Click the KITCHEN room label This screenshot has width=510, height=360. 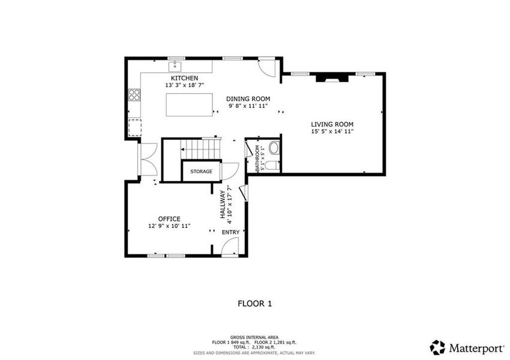[x=184, y=78]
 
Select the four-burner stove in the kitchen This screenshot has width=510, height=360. [x=134, y=94]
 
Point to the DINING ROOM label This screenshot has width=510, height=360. [x=248, y=98]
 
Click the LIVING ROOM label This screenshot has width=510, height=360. [x=332, y=124]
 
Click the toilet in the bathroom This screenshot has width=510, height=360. [x=271, y=165]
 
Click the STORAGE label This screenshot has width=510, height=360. [x=201, y=172]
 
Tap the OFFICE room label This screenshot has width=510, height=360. [x=169, y=218]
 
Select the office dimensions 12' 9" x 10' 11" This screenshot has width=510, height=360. [x=169, y=226]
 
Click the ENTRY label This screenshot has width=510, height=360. [x=230, y=232]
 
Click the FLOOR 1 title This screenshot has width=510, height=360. [x=255, y=304]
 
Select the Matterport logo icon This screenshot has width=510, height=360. [x=438, y=347]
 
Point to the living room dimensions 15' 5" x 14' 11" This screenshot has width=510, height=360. [x=332, y=131]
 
